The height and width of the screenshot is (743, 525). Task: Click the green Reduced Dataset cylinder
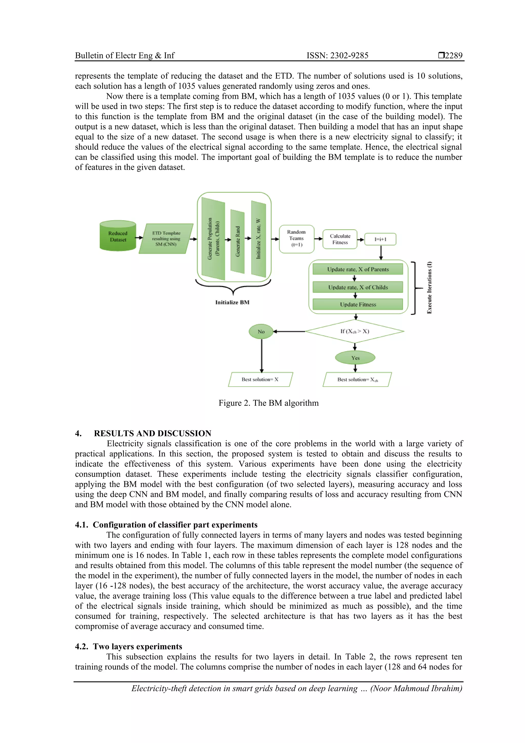click(118, 236)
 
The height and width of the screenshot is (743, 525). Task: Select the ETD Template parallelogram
click(166, 239)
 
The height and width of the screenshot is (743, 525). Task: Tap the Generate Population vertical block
click(213, 239)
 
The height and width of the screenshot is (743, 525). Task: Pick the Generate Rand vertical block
click(237, 241)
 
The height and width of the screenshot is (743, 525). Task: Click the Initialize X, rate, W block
click(258, 239)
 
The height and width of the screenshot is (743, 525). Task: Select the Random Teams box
click(296, 239)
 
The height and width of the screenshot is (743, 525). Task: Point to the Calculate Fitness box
click(340, 239)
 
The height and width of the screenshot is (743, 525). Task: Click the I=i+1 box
click(380, 239)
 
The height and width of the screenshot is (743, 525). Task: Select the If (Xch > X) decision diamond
click(355, 331)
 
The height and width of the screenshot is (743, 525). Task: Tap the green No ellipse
click(261, 332)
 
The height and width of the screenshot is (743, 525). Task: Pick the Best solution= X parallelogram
click(260, 380)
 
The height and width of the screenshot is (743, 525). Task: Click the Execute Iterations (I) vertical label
click(429, 287)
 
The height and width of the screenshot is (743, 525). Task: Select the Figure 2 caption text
click(268, 403)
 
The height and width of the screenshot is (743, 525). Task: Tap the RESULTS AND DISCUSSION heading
click(152, 433)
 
